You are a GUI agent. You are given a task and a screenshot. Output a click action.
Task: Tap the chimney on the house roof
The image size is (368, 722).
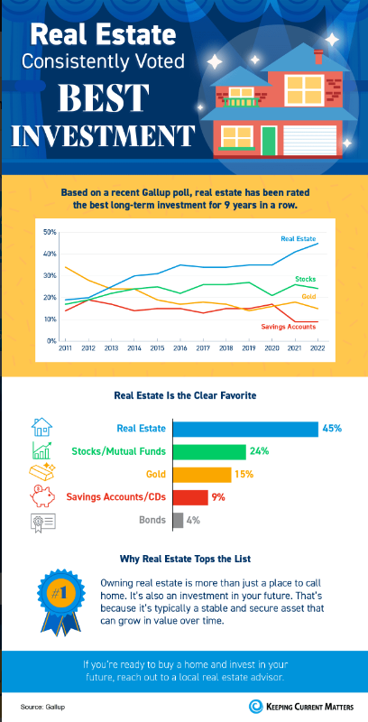[x=317, y=57]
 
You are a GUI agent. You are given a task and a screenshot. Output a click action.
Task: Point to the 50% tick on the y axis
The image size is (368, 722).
[x=51, y=232]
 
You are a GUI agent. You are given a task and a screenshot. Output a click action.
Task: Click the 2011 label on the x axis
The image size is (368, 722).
[x=65, y=347]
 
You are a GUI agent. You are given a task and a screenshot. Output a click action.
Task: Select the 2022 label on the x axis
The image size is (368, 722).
[x=317, y=347]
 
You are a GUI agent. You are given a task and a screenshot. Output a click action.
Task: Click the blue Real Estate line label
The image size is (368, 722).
[x=299, y=238]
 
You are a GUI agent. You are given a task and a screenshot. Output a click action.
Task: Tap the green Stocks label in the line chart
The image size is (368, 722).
[x=307, y=280]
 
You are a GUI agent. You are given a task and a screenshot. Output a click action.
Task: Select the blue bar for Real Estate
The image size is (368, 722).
[x=244, y=428]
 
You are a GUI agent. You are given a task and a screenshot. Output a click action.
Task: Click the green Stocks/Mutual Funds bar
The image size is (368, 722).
[x=208, y=451]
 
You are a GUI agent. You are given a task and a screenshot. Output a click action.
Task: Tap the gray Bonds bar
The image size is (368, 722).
[x=178, y=520]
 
